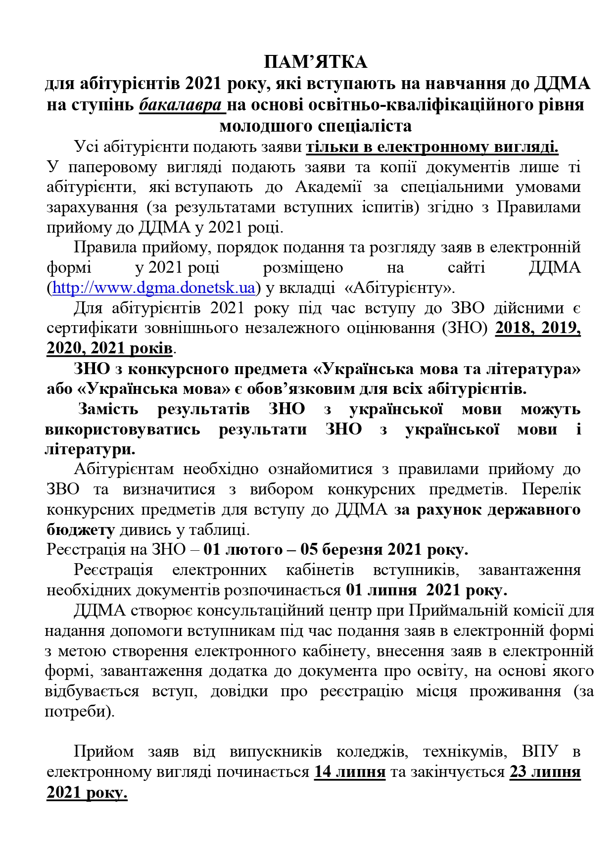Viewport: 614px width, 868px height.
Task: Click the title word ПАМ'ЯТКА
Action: (315, 62)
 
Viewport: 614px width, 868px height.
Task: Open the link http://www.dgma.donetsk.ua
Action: (153, 288)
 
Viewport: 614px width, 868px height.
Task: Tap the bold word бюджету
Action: (81, 530)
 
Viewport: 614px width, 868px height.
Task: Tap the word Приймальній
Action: (451, 611)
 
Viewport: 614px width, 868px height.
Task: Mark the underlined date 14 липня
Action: (349, 772)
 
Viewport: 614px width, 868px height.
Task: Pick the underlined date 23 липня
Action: (545, 772)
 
